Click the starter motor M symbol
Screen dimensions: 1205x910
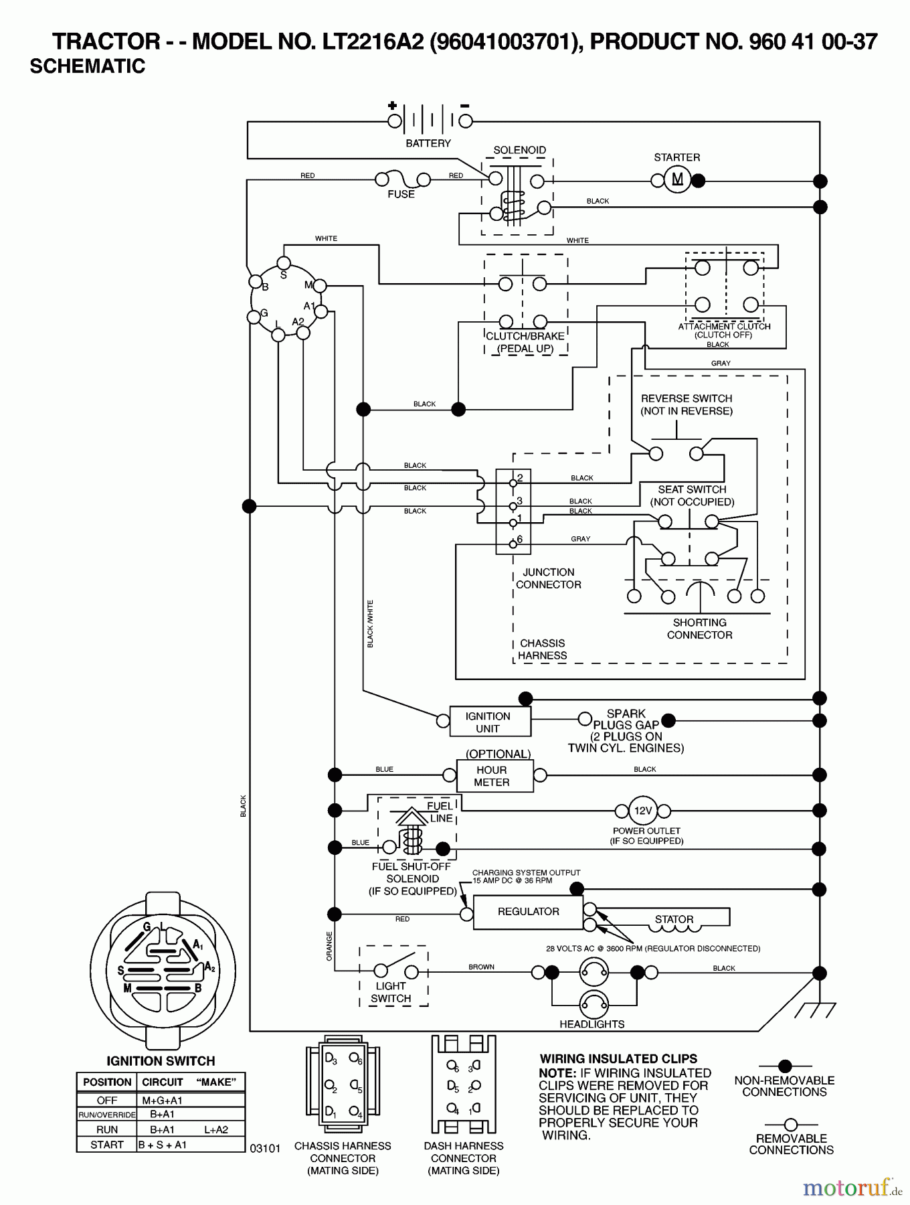(x=677, y=179)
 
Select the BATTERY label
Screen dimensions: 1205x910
(x=428, y=143)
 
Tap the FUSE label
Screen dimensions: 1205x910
(x=401, y=194)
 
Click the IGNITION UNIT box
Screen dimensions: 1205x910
(x=488, y=722)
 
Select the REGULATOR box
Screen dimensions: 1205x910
(x=528, y=912)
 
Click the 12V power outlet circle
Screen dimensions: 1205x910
(x=642, y=811)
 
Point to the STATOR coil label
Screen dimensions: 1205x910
(x=674, y=919)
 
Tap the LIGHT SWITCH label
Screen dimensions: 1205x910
(x=391, y=992)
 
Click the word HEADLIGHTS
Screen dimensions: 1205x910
(x=591, y=1024)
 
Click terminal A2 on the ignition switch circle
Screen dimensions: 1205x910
(x=303, y=333)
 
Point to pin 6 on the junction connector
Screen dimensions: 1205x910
(x=513, y=543)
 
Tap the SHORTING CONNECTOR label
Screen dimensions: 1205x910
(x=699, y=629)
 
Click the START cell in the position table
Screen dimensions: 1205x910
(x=107, y=1145)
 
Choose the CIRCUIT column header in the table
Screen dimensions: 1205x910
(x=162, y=1082)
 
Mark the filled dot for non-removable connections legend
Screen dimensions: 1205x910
(x=785, y=1066)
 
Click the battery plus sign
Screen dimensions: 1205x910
(x=392, y=106)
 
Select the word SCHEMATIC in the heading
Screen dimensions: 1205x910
(x=88, y=66)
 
